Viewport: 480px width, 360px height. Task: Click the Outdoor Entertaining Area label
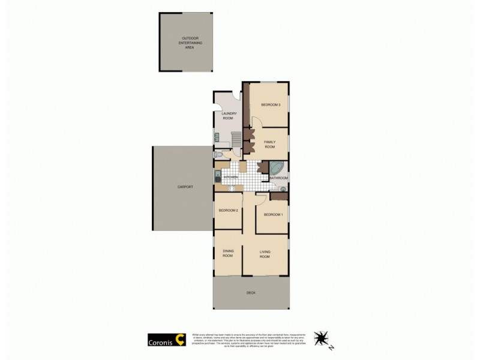190,43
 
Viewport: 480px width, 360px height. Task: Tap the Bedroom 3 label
271,105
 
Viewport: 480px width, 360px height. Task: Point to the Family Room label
270,144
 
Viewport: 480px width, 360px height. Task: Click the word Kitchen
231,178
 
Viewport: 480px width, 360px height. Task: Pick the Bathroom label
279,178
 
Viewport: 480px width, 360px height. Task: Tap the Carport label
185,187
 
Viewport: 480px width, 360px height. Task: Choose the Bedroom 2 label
229,211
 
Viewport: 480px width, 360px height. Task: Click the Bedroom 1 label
273,214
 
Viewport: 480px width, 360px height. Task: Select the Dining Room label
228,253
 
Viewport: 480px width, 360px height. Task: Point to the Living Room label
265,254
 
